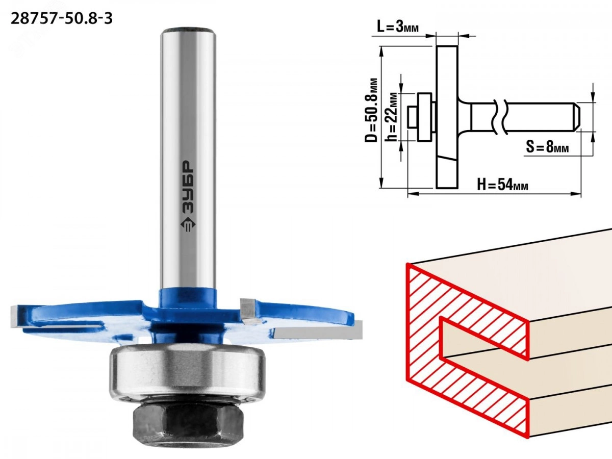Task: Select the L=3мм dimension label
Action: pos(398,27)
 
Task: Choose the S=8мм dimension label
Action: pos(548,148)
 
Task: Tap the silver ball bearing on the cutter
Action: pos(188,371)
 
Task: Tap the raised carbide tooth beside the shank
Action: pos(250,311)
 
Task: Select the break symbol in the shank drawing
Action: pos(500,118)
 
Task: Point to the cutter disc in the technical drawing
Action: pos(447,117)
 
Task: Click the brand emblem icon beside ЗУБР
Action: pos(188,227)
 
